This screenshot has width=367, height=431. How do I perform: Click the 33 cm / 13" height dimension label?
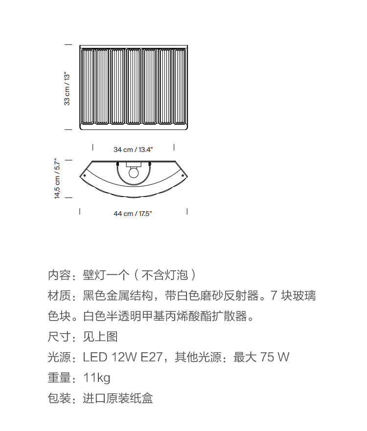tap(67, 88)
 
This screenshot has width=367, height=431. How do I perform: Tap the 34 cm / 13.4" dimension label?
tap(133, 150)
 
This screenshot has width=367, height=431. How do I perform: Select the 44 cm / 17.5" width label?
tap(133, 214)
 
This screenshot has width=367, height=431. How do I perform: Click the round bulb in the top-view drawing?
tap(133, 172)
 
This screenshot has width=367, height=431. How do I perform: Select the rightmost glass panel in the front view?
tap(180, 86)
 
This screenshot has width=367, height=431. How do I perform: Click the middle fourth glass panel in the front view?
tap(134, 86)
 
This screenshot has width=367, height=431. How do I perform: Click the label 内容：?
tap(63, 275)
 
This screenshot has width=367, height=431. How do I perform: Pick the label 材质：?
tap(63, 296)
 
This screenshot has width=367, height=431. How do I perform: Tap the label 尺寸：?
tap(63, 337)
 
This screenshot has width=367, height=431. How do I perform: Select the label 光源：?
tap(63, 357)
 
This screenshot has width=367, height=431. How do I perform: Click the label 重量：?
tap(63, 378)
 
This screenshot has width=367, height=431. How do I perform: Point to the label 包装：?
tap(63, 398)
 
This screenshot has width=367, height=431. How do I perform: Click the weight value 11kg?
tap(96, 378)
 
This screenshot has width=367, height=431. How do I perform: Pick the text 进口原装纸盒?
tap(118, 398)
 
